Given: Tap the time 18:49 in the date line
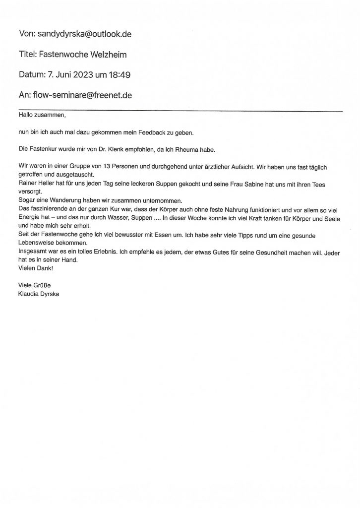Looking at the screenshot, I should pos(120,75).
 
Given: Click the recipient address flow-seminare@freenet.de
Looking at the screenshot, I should pos(82,95).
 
